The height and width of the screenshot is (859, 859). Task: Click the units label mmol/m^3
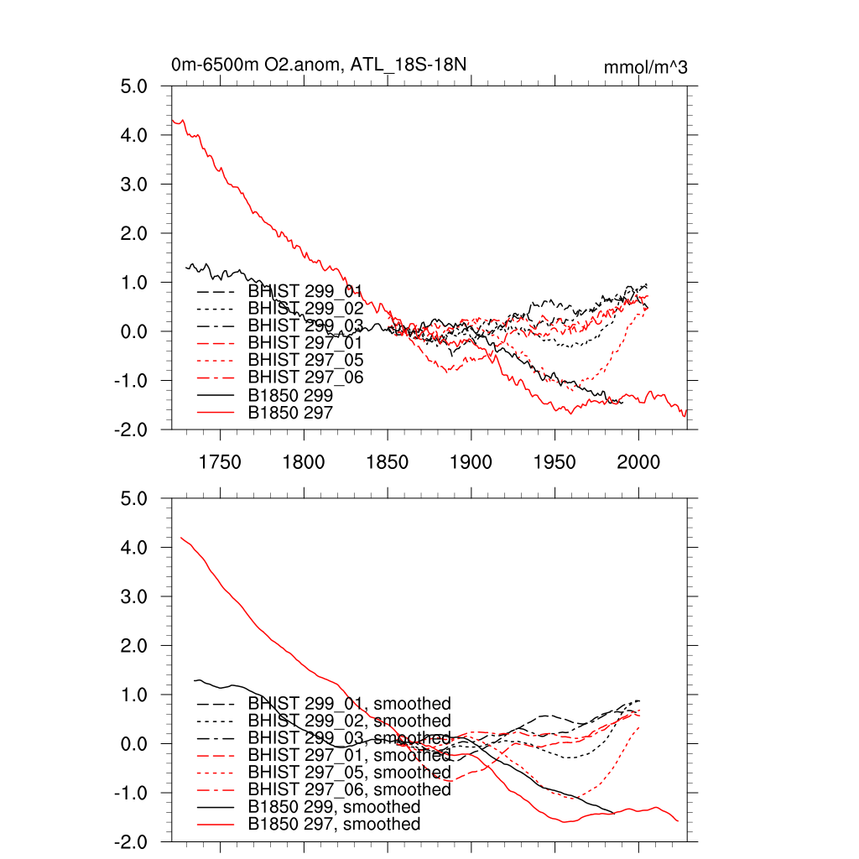pos(645,67)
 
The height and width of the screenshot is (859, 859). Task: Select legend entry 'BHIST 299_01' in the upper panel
pos(305,291)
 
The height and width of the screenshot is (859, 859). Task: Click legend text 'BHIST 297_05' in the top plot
pos(305,360)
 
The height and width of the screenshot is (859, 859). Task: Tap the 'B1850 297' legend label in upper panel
pos(290,412)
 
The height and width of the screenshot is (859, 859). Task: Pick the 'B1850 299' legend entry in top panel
pos(290,394)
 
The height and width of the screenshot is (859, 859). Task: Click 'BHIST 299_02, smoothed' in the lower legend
pos(349,721)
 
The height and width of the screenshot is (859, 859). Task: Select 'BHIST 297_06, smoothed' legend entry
pos(349,789)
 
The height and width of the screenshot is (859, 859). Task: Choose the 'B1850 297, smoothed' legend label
pos(334,825)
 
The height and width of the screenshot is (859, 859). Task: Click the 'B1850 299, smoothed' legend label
pos(334,807)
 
